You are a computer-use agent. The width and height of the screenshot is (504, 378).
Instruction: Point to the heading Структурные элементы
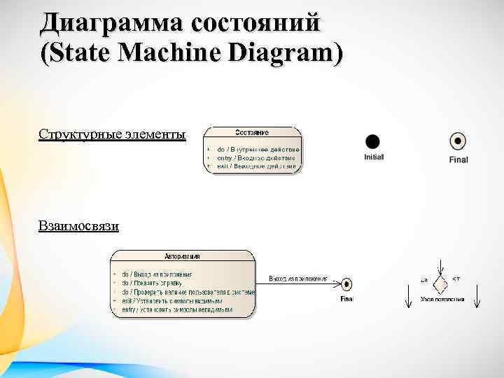pos(113,134)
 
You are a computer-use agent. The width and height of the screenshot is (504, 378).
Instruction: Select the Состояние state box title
pos(252,132)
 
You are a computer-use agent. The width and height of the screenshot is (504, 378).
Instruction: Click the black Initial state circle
pos(373,141)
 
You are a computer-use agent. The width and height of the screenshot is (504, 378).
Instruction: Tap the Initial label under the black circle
pos(374,157)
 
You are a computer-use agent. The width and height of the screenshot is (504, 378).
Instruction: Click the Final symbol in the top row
pos(458,141)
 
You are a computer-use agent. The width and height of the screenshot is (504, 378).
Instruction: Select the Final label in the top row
pos(458,160)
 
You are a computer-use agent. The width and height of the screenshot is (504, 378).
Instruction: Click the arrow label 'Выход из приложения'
pos(298,279)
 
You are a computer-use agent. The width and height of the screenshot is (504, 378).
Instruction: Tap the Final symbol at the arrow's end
pos(346,284)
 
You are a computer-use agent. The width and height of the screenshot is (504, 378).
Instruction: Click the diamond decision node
pos(440,284)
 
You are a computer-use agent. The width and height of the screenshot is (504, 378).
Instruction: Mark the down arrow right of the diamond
pos(476,293)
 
